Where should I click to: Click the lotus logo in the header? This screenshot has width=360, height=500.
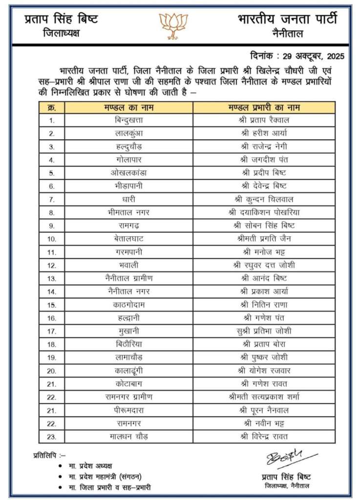[x=173, y=25]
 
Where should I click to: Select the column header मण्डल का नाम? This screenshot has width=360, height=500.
[x=128, y=107]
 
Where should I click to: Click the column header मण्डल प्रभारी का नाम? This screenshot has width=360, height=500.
[x=264, y=107]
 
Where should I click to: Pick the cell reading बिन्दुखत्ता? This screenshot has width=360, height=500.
[x=128, y=120]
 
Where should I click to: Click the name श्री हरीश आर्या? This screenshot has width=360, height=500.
[x=264, y=133]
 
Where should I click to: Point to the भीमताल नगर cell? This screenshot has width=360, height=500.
[x=128, y=212]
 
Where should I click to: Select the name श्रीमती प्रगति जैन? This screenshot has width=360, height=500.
[x=264, y=239]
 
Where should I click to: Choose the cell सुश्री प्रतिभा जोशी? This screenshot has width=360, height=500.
[x=264, y=331]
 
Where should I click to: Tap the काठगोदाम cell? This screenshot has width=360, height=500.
[x=128, y=305]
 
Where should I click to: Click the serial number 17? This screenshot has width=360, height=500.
[x=52, y=331]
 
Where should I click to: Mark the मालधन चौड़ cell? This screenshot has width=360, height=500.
[x=128, y=436]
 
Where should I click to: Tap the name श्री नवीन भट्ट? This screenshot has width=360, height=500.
[x=264, y=423]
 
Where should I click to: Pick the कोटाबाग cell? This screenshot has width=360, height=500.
[x=128, y=384]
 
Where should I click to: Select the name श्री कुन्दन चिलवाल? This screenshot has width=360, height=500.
[x=264, y=199]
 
